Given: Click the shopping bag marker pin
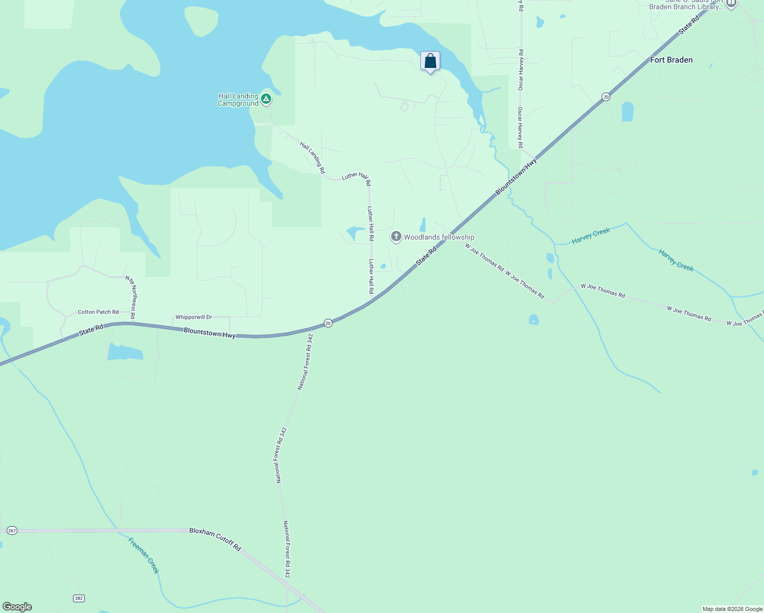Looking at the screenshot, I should pos(430,61).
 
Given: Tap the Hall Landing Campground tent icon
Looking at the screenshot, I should pos(266,99).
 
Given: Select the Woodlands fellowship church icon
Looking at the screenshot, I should pos(396,237).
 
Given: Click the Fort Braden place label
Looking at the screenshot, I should pos(671,60).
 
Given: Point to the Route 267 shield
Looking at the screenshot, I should pos(12,531).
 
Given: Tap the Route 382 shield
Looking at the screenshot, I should pos(78,598).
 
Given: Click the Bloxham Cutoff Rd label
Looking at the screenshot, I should pos(215,538).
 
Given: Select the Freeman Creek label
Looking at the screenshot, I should pos(144,555).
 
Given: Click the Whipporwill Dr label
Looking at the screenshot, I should pos(194,317).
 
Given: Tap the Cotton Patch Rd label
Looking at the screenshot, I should pos(98,312).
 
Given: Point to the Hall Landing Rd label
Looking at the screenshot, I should pos(312,158).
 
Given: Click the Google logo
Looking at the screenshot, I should pos(17,607).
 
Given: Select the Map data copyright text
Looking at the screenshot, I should pos(732,609).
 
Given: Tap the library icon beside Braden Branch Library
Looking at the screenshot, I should pos(731,4).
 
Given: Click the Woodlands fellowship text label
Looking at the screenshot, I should pos(439,237).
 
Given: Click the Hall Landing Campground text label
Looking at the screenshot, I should pos(238,100).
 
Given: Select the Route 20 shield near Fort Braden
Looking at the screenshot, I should pos(606,97).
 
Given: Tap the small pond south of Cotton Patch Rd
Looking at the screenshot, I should pos(125,352).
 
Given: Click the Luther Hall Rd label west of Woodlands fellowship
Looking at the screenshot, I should pos(371,223).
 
